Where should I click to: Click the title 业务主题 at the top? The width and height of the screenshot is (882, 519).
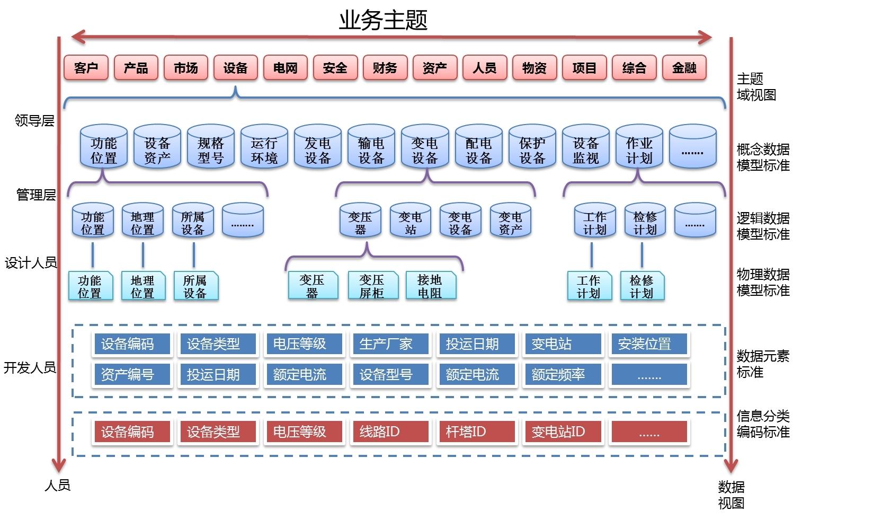tap(383, 20)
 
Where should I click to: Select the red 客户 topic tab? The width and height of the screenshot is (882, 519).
tap(86, 68)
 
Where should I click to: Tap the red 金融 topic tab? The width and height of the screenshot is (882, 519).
tap(684, 68)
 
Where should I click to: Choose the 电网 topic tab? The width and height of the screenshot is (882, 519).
tap(285, 68)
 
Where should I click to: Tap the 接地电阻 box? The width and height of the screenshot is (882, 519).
tap(430, 286)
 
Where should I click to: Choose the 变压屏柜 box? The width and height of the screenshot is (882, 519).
tap(371, 286)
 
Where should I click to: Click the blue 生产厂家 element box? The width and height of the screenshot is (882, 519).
tap(386, 344)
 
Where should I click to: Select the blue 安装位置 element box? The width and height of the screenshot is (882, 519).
tap(644, 344)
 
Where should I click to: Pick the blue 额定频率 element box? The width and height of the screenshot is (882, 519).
tap(558, 375)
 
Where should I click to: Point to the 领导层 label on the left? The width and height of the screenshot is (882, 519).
tap(34, 121)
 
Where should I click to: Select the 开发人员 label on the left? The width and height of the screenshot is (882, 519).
tap(30, 367)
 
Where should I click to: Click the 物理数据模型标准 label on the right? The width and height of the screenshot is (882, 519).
tap(763, 282)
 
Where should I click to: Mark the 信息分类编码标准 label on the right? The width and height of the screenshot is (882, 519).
tap(763, 424)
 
